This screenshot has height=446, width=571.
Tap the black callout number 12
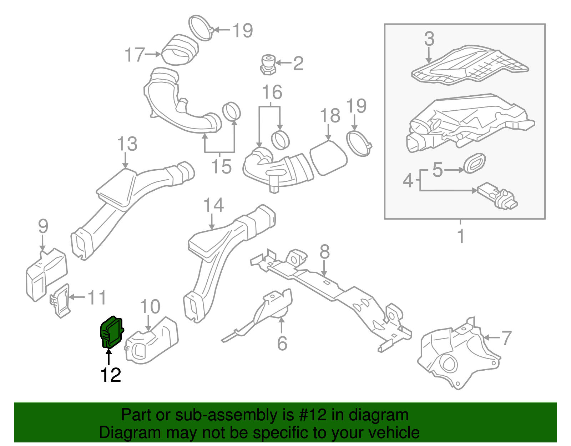coord(111,375)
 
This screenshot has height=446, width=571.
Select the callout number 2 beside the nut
coord(298,63)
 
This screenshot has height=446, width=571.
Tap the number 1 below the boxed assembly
coord(461,236)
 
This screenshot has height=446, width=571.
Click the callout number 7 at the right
coord(506,338)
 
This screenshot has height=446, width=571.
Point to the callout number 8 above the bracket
coord(324,252)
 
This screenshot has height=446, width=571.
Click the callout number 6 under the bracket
coord(282,343)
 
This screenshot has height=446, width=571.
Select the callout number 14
coord(213,206)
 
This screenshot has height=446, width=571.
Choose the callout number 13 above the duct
coord(127,144)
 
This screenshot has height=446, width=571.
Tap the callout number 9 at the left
coord(43,226)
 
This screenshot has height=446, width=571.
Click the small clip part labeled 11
coord(60,301)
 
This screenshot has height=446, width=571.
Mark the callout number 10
coord(150,306)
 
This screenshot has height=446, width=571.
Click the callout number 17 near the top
coord(135,55)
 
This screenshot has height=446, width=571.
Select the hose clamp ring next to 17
coord(201,28)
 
